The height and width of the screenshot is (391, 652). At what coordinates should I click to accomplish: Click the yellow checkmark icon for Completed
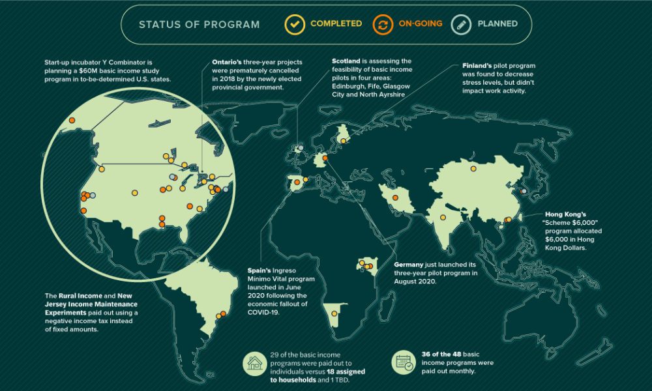tap(295, 24)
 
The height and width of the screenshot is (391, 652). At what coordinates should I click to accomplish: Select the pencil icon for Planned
tap(462, 24)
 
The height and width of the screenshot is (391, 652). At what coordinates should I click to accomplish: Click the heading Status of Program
tap(199, 25)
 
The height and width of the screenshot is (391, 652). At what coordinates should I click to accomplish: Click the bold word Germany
tap(412, 265)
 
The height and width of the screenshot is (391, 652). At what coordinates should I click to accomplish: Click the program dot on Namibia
tap(334, 313)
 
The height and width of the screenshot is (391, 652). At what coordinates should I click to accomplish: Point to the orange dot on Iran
tap(394, 197)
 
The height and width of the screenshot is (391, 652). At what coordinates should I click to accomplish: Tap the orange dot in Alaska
tap(72, 119)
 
